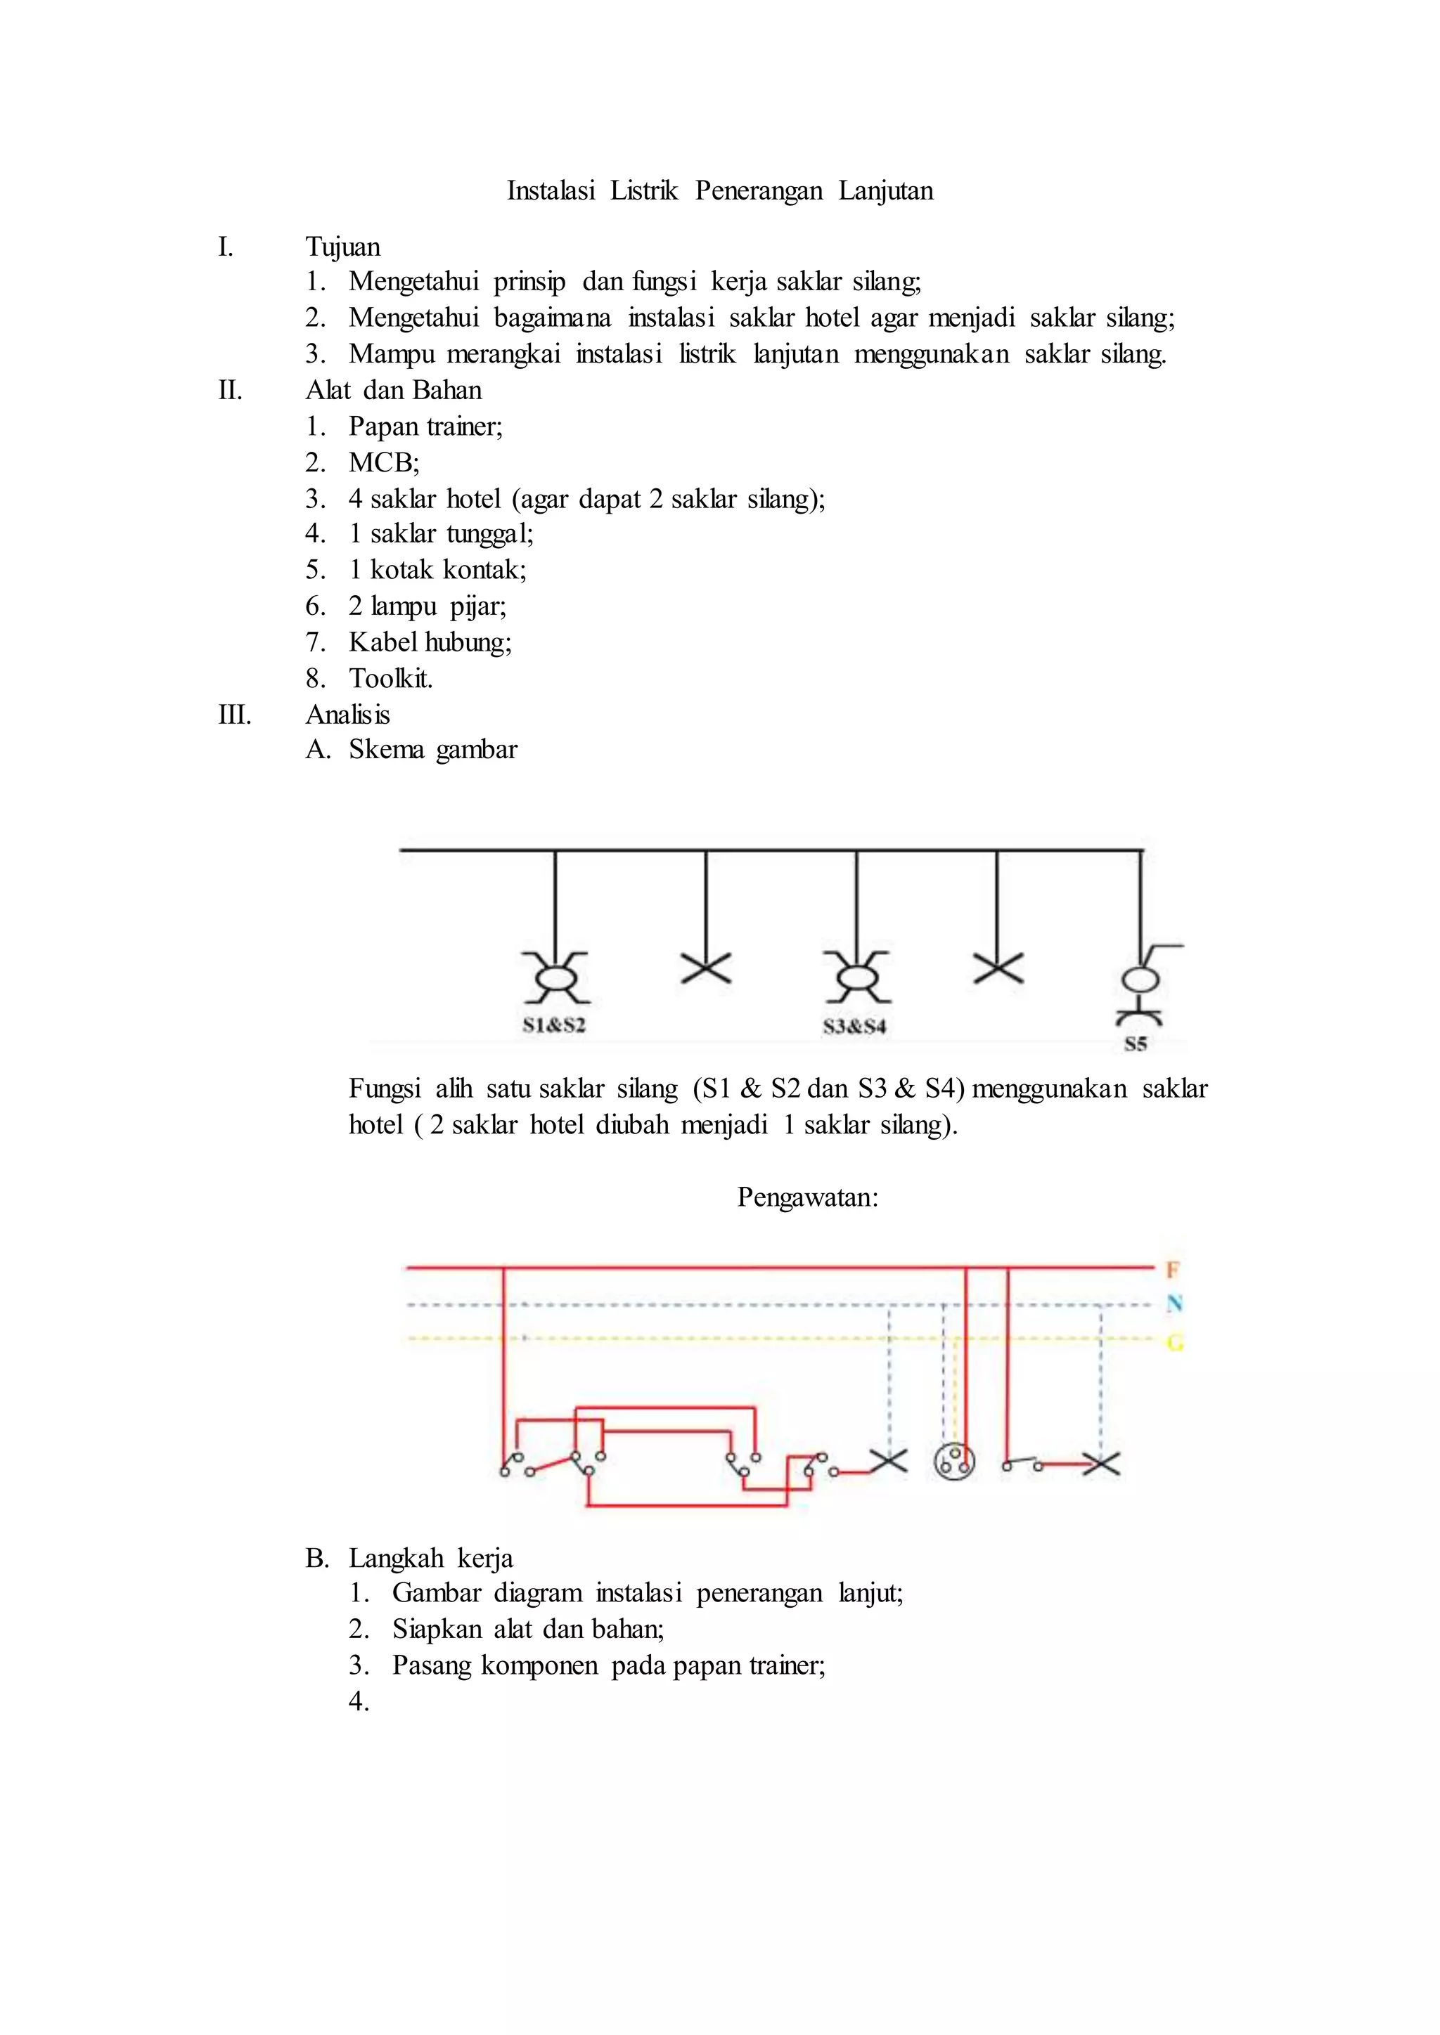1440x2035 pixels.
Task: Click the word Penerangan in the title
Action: point(758,190)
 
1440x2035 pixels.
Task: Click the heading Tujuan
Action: point(342,247)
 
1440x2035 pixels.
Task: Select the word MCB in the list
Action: point(381,462)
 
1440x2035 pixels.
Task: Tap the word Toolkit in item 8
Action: point(390,678)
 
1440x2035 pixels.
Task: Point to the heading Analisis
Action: point(347,715)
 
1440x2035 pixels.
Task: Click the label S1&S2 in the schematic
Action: point(554,1025)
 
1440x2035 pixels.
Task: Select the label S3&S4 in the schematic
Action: point(854,1027)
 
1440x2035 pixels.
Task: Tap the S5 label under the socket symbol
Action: point(1136,1044)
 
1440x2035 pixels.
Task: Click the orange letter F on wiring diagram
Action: point(1172,1270)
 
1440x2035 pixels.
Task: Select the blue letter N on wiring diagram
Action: point(1174,1303)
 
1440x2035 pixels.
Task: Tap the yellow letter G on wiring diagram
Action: point(1174,1343)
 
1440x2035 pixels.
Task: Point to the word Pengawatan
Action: point(807,1197)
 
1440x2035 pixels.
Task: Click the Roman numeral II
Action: point(231,390)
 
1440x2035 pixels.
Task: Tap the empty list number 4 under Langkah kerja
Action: point(358,1701)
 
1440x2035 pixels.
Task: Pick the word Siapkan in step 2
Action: point(437,1628)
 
